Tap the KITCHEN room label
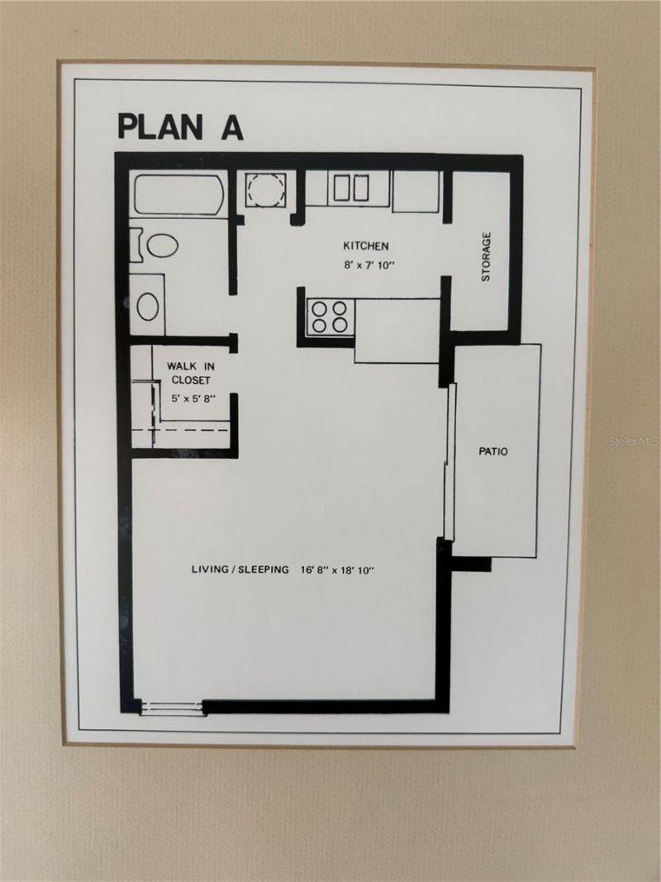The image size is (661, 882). click(x=366, y=246)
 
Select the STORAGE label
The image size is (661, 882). click(x=486, y=256)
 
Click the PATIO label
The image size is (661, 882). click(x=493, y=452)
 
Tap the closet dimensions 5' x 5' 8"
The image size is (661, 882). click(x=193, y=398)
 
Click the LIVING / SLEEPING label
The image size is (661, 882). click(x=240, y=570)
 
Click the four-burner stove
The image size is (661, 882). click(x=330, y=317)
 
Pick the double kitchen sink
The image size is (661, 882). click(x=350, y=188)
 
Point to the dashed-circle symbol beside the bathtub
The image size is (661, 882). click(x=266, y=189)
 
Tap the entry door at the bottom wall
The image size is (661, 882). click(x=171, y=707)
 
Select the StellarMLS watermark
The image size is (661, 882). click(x=634, y=442)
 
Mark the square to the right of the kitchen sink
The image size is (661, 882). click(x=416, y=192)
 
